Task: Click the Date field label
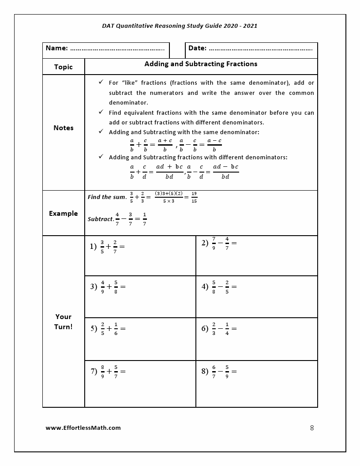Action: click(197, 48)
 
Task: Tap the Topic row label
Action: click(63, 67)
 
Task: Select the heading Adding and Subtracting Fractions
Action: click(201, 64)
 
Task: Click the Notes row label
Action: click(63, 128)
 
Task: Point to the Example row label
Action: click(63, 214)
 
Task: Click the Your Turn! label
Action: click(63, 322)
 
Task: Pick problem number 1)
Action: click(93, 247)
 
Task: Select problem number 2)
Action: click(205, 243)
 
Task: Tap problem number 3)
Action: click(94, 286)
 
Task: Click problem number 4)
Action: click(205, 286)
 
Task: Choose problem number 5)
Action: click(94, 328)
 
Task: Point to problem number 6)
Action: click(205, 328)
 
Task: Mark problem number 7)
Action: click(94, 371)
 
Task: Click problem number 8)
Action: click(205, 371)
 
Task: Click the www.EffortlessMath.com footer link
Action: click(83, 428)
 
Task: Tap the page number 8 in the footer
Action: click(312, 428)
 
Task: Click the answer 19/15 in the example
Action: click(194, 197)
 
